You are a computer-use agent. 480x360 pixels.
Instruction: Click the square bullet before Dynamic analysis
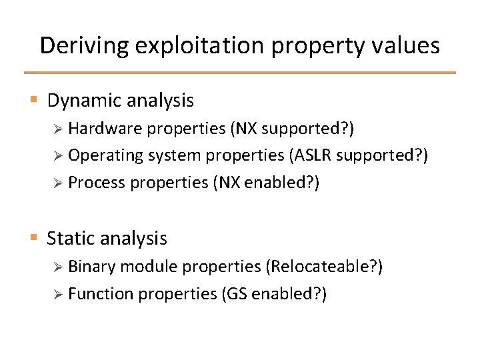tap(34, 101)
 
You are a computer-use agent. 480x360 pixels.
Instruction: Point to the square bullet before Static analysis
tap(34, 237)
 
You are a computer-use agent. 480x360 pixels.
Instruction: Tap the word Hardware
tap(100, 127)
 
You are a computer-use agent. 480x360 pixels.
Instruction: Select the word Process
tap(97, 183)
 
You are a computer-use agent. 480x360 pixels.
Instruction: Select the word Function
tap(101, 294)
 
